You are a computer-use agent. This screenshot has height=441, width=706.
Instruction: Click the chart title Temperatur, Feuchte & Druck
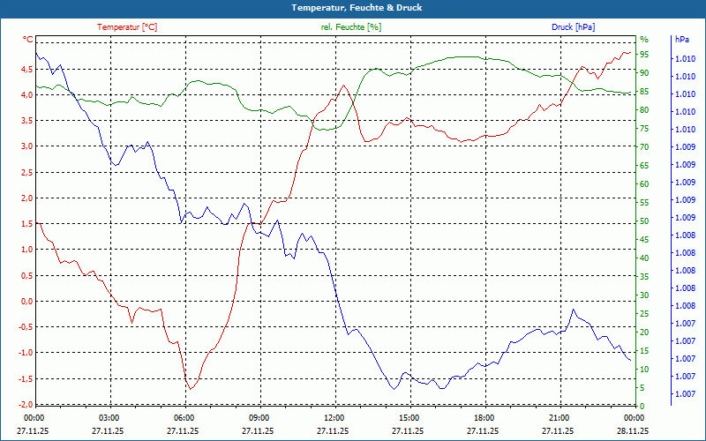tap(353, 7)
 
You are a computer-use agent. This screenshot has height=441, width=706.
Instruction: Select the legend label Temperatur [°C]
tap(127, 27)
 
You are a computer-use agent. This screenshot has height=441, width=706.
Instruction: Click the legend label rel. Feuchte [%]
tap(351, 27)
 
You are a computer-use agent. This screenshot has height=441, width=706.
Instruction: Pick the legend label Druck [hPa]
tap(574, 27)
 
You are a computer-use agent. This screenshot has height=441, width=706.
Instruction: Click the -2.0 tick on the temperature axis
tap(26, 404)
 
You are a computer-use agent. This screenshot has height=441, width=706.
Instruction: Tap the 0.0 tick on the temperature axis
tap(26, 301)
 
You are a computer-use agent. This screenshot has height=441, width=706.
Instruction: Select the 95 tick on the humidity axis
tap(644, 55)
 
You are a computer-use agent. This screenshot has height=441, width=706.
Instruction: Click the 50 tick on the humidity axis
tap(644, 220)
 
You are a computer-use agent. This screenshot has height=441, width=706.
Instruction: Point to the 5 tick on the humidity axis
tap(642, 387)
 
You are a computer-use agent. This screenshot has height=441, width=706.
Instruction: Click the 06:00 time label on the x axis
tap(183, 417)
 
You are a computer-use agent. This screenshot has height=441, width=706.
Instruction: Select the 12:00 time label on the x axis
tap(333, 417)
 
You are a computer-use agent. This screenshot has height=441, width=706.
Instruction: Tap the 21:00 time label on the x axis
tap(558, 417)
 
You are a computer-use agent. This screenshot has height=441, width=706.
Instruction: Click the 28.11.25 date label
tap(633, 431)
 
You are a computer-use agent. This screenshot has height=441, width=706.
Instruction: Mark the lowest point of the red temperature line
tap(189, 389)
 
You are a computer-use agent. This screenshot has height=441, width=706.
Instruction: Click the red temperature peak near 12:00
tap(342, 85)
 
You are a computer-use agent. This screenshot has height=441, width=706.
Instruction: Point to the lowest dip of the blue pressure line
tap(393, 389)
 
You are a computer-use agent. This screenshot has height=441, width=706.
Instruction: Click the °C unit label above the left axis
tap(28, 40)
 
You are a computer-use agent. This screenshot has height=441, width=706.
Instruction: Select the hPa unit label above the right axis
tap(681, 40)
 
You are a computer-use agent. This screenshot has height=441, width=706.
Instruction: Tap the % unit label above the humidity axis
tap(643, 40)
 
